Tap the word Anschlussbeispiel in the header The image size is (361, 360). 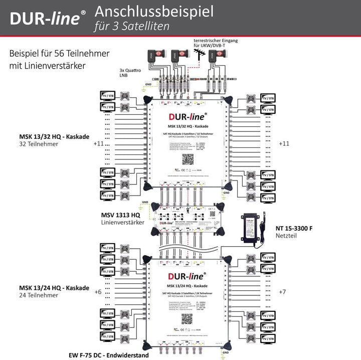point(154,11)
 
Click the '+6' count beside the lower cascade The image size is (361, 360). point(98,291)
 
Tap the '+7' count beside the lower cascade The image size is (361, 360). point(283,291)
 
